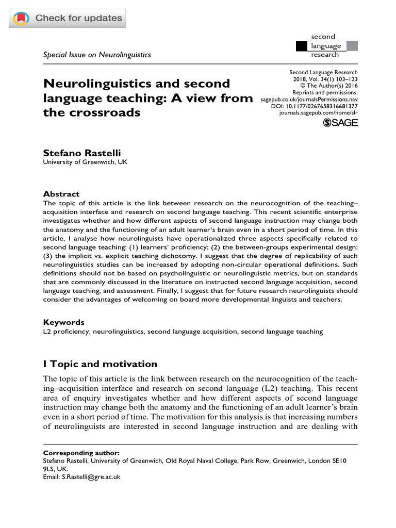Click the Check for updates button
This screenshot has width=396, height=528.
click(68, 19)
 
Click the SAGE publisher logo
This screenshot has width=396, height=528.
click(340, 122)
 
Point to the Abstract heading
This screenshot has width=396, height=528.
click(61, 194)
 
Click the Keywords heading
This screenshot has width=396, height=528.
click(63, 322)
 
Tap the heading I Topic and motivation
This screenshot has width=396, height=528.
click(100, 365)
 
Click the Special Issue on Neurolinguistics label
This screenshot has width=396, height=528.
click(97, 55)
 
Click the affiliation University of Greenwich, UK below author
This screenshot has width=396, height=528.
click(85, 162)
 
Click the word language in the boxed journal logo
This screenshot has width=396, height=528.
click(325, 46)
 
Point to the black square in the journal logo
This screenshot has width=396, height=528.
click(301, 46)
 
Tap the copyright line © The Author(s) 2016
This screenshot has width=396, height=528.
click(328, 86)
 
